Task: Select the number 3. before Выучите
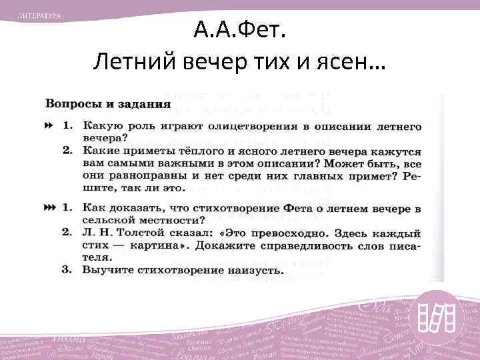pos(67,270)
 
